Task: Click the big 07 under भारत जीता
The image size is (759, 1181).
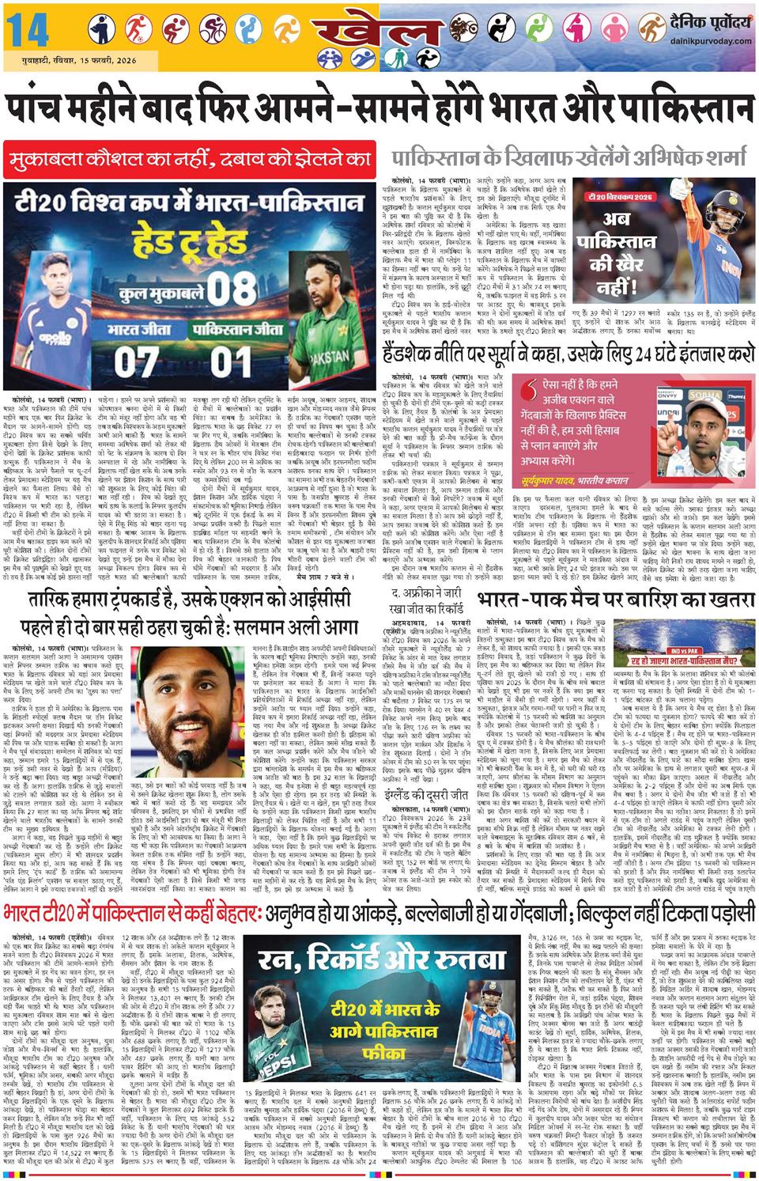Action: click(137, 361)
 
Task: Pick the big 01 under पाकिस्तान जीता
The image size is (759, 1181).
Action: click(231, 361)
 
